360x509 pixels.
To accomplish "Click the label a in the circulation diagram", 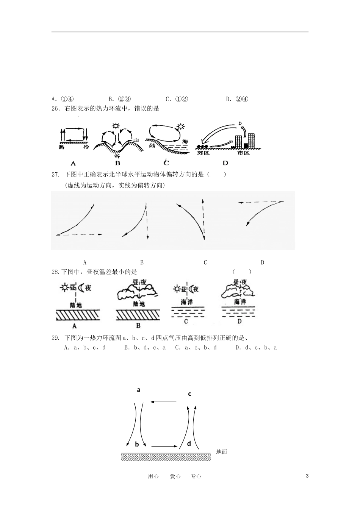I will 139,389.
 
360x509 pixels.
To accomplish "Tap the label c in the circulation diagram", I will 189,394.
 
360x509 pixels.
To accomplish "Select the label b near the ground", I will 137,444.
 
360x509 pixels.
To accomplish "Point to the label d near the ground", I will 189,443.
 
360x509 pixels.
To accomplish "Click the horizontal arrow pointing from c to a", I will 163,401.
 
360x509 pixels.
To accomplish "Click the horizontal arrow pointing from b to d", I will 164,446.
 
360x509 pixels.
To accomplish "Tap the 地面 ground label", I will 221,451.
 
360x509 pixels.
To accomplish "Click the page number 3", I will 307,476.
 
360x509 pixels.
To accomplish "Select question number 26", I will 56,109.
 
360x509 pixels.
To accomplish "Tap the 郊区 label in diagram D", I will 203,153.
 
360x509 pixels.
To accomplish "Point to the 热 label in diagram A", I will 61,147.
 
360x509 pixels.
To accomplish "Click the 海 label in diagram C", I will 185,141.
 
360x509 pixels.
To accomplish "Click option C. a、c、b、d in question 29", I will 196,347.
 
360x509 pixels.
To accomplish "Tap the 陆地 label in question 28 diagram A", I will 76,304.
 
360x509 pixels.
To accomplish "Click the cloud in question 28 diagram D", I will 238,291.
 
